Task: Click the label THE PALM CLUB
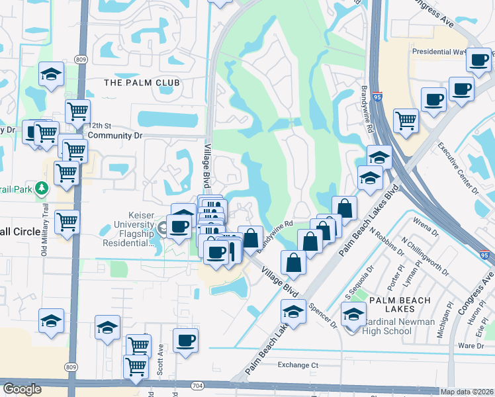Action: click(142, 83)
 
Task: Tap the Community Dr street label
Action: click(115, 135)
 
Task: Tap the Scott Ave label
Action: click(161, 357)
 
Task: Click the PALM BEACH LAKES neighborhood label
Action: click(400, 300)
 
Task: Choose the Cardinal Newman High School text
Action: click(398, 327)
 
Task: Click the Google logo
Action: click(22, 389)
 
